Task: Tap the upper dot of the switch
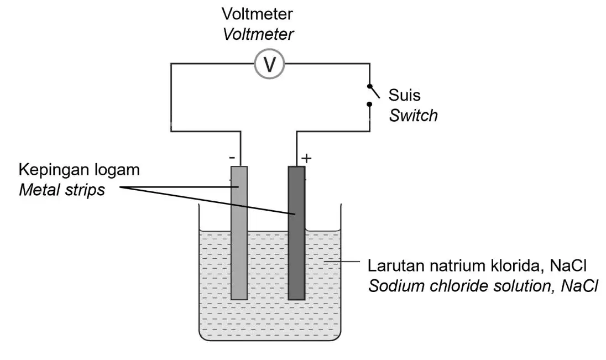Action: tap(369, 86)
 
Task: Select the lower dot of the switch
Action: tap(369, 104)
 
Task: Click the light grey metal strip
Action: tap(239, 233)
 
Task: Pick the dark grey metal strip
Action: tap(296, 233)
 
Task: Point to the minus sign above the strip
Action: tap(232, 158)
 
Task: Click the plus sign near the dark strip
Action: tap(306, 158)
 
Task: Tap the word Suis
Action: tap(404, 95)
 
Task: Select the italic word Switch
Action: tap(413, 116)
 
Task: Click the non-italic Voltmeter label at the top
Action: tap(258, 14)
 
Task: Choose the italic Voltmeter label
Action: tap(258, 34)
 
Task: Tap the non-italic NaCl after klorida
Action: tap(568, 265)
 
